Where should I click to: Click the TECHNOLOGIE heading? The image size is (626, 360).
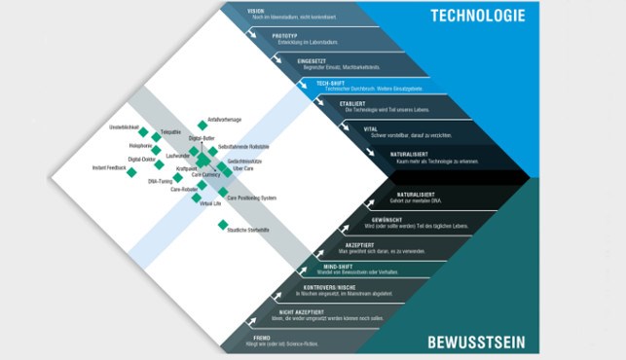[x=477, y=15]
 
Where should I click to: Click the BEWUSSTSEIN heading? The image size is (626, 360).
[x=475, y=342]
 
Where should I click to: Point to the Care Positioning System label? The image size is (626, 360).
[x=253, y=198]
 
